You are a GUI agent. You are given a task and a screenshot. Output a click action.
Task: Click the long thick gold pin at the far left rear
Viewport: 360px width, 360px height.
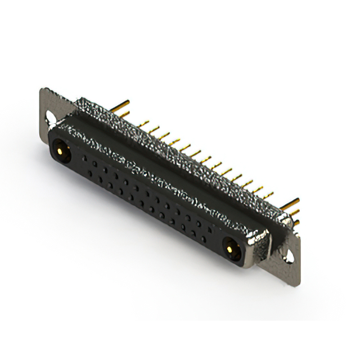click(x=125, y=104)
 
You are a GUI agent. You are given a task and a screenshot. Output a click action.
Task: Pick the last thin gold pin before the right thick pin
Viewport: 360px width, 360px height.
click(x=269, y=194)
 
